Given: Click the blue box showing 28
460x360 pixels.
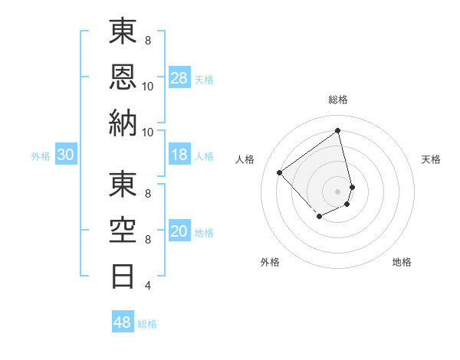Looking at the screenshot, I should (x=179, y=78).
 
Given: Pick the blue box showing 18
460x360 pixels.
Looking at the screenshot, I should (x=179, y=155).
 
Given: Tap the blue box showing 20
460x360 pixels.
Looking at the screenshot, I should (x=179, y=231).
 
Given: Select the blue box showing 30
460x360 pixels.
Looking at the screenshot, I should (x=66, y=155).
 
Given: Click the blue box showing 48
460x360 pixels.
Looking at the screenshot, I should (x=123, y=322).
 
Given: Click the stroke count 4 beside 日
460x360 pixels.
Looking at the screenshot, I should (x=148, y=286).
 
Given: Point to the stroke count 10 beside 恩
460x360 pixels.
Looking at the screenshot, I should (x=148, y=87).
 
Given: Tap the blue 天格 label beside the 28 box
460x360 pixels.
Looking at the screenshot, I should (x=204, y=79).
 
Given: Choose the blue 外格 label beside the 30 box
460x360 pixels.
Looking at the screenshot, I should (x=41, y=155).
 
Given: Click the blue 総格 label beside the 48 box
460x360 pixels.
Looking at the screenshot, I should (x=147, y=323).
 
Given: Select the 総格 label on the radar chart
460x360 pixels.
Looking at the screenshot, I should (x=338, y=100).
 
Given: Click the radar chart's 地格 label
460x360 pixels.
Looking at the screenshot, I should (x=402, y=262).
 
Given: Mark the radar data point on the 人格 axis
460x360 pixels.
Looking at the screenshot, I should (x=280, y=172).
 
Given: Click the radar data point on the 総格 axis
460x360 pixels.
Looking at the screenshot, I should (x=338, y=130).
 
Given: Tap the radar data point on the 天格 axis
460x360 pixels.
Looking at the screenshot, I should (x=352, y=186).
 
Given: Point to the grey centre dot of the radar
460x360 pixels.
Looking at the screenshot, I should (x=338, y=191).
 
